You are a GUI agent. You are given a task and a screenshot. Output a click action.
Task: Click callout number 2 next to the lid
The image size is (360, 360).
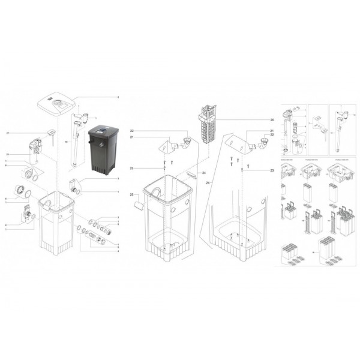tap(118, 97)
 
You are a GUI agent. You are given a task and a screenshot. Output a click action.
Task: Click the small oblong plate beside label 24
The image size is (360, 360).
tap(191, 175)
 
